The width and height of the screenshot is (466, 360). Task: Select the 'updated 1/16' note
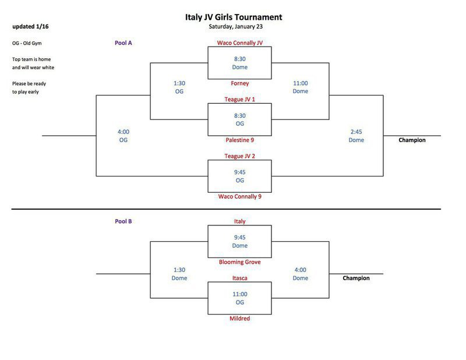[x=30, y=27]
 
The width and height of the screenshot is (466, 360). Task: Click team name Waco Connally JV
[x=239, y=43]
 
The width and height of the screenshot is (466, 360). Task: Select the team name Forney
[x=239, y=83]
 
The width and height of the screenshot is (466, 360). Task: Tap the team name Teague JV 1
[x=239, y=100]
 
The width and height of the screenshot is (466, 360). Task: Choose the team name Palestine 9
[x=239, y=140]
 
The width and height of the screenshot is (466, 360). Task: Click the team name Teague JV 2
[x=239, y=156]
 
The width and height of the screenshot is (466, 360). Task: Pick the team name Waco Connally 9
[x=239, y=196]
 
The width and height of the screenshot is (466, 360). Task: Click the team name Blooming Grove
[x=239, y=262]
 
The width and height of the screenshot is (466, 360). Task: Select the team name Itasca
[x=239, y=278]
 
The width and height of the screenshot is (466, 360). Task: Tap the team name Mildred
[x=239, y=319]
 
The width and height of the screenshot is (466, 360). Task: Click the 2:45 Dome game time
[x=356, y=136]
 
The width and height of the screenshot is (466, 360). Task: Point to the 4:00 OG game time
[x=123, y=136]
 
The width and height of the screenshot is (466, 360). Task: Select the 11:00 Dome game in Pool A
[x=300, y=87]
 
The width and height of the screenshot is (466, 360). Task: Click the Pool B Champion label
[x=356, y=278]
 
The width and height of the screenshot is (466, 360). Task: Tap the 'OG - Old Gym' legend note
[x=27, y=43]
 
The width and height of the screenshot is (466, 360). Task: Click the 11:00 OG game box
[x=239, y=298]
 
